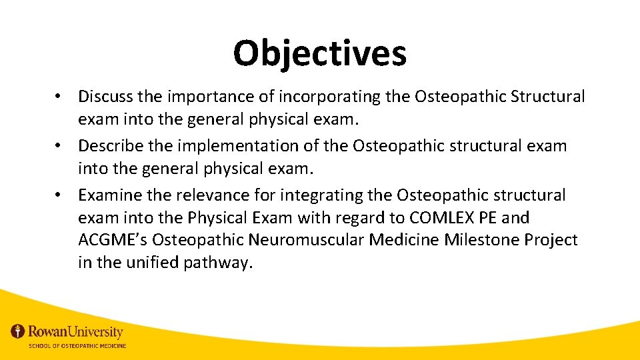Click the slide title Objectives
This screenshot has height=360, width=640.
[x=319, y=53]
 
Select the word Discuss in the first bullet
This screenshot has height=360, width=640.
[x=105, y=97]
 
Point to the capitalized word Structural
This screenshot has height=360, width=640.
[x=547, y=97]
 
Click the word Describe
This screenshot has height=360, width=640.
[x=109, y=146]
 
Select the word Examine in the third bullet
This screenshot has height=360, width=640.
[x=108, y=195]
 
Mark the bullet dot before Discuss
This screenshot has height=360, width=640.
[x=60, y=97]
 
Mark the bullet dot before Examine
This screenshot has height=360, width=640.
[x=60, y=196]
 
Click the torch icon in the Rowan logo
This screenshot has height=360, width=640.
[x=18, y=331]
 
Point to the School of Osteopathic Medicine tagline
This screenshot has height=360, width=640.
[x=77, y=346]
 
